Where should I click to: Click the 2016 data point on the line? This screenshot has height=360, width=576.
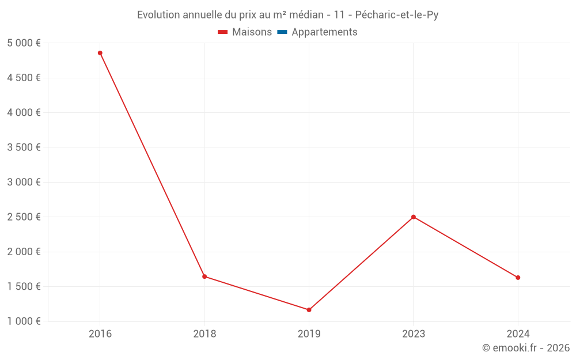coord(100,53)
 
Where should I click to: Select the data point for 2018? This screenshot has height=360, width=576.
coord(204,276)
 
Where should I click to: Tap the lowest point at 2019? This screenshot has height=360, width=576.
coord(309,310)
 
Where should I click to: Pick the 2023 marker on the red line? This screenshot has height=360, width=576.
coord(414,217)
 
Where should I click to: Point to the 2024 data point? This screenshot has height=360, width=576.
coord(518,278)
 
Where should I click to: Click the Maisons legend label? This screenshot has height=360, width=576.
coord(252,32)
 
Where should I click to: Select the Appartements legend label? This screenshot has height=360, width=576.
coord(324,32)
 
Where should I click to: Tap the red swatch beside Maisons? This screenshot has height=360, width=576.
coord(223,32)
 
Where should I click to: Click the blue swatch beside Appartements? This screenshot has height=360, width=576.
coord(282,32)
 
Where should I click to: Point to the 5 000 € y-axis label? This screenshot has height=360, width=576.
coord(24,43)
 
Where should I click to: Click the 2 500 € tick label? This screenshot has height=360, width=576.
coord(24,217)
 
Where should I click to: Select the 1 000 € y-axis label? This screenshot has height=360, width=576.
coord(24,321)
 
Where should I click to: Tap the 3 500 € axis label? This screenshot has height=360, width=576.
coord(24,147)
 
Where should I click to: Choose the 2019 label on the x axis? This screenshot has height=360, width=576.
coord(309,334)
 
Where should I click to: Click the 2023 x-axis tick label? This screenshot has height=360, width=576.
coord(414,334)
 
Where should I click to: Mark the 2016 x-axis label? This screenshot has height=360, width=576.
coord(100,334)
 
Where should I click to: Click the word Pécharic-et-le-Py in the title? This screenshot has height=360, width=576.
coord(397,15)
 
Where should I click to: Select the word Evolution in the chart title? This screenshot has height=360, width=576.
coord(159,15)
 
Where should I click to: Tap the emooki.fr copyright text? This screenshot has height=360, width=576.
coord(526,348)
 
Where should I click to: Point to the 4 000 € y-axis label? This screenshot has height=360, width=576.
coord(24,113)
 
